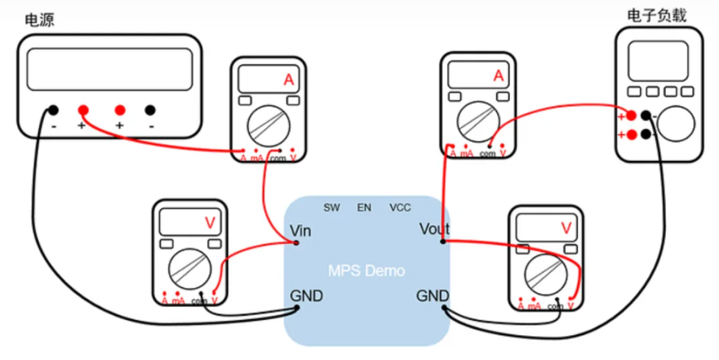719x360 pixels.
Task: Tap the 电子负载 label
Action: point(656,15)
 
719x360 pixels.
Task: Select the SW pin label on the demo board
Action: point(332,208)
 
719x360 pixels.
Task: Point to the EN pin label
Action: point(364,208)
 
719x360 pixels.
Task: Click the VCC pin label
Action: point(400,208)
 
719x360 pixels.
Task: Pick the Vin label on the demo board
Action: point(301,231)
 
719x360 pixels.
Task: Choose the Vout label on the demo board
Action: point(434,228)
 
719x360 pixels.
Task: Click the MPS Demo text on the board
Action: point(366,271)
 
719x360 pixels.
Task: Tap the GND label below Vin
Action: point(306,296)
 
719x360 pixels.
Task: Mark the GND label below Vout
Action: point(433,295)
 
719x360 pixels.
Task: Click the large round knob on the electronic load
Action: point(676,123)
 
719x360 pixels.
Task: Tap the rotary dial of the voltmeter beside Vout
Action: point(545,272)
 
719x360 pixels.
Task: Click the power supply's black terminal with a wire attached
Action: point(53,110)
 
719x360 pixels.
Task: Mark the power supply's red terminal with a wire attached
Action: point(83,110)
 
